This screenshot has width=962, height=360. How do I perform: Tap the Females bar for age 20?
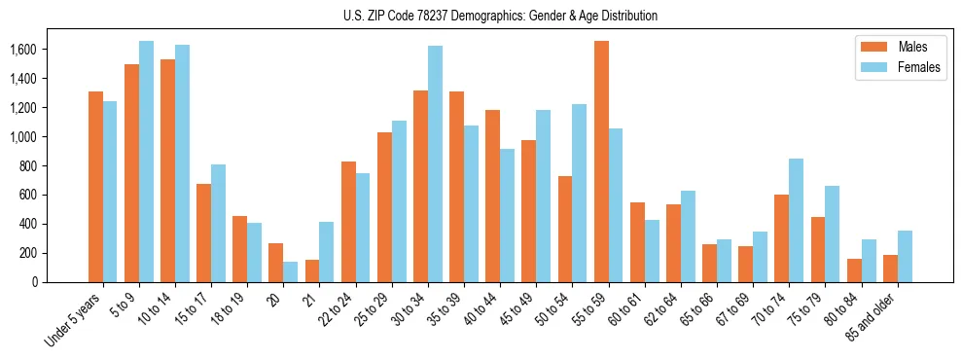[x=291, y=271]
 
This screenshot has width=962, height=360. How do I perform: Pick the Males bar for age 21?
[x=312, y=270]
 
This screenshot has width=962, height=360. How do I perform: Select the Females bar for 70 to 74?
[x=796, y=220]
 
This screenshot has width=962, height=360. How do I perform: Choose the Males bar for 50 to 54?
[x=565, y=229]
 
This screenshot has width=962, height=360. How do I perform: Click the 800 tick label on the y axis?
[x=26, y=166]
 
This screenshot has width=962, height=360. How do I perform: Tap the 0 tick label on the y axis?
[x=34, y=282]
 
